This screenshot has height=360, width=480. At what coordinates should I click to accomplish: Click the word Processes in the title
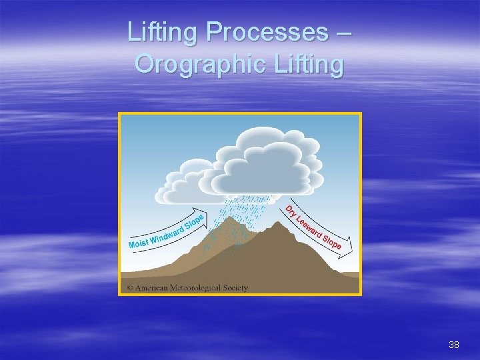coord(267,32)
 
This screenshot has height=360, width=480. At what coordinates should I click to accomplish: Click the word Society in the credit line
coord(234,288)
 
